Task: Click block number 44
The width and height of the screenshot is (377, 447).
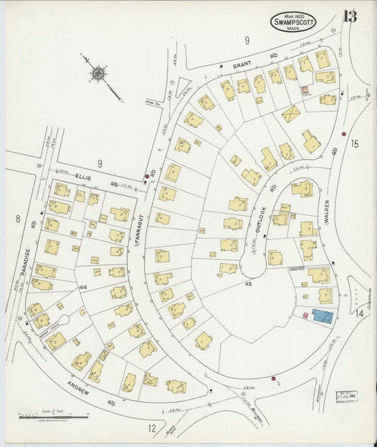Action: pos(83,287)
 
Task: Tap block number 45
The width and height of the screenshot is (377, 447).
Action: pos(248,283)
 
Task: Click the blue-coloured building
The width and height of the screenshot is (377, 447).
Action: pos(323,316)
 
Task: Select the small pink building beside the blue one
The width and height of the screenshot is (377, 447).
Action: pos(305,315)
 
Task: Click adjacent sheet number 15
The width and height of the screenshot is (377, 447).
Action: pos(354,144)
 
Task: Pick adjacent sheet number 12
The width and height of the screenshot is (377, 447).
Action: pos(151,427)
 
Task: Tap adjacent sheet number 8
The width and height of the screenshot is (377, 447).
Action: pos(17,219)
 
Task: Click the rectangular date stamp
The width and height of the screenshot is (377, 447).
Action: pos(346,396)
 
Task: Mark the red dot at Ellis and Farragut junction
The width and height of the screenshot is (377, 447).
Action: pos(147,175)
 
